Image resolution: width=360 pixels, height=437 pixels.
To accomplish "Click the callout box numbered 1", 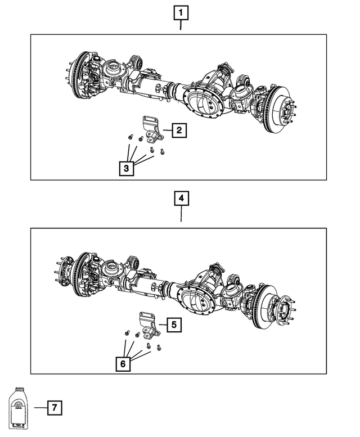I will [181, 12].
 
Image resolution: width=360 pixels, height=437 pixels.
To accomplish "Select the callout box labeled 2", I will [178, 131].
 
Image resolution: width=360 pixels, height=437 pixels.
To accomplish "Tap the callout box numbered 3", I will [127, 168].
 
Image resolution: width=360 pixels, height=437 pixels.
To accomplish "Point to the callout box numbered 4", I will [181, 199].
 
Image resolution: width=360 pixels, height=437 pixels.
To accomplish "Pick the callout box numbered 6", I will [123, 364].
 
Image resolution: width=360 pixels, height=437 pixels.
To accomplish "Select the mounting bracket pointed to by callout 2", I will [151, 130].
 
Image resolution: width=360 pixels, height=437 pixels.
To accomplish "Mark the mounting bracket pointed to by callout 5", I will [147, 323].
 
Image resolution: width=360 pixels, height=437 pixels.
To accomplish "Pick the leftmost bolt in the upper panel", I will [130, 137].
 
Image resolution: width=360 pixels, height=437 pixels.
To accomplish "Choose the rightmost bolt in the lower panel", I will [160, 348].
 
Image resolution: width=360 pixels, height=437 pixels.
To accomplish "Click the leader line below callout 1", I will [181, 25].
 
